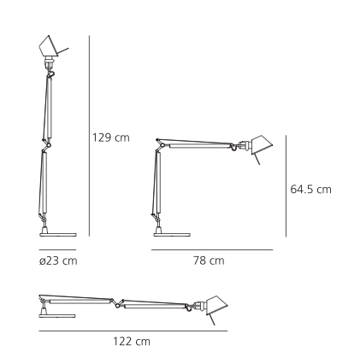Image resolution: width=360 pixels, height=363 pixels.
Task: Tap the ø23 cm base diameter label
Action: point(57,261)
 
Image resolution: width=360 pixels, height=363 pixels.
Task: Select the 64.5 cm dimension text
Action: point(310,189)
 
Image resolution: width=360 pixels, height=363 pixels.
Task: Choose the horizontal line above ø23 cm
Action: point(57,249)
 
